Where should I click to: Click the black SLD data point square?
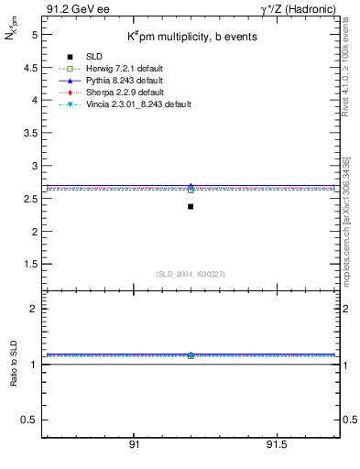pos(191,206)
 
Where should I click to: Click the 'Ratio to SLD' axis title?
pos(14,378)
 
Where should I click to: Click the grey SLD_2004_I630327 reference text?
pos(191,274)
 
